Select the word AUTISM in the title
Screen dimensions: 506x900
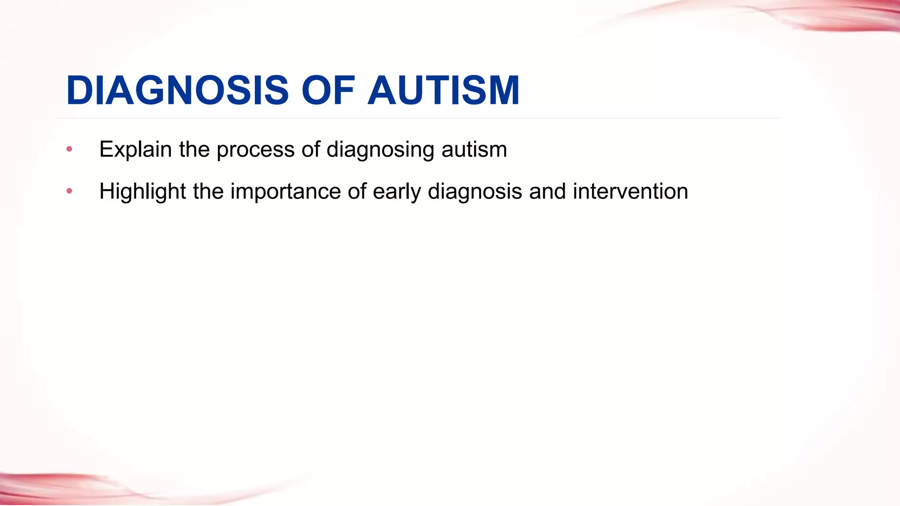[444, 90]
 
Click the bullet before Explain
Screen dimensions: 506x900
[69, 149]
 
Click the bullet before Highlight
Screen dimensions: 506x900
[69, 191]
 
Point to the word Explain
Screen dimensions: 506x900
[135, 149]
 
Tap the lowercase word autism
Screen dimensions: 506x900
[474, 149]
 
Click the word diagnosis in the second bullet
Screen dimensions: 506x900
[475, 192]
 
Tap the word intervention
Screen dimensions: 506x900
[630, 192]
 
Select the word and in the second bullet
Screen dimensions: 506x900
[547, 192]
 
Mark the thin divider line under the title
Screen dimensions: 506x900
[417, 118]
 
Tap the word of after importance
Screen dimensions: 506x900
[357, 192]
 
